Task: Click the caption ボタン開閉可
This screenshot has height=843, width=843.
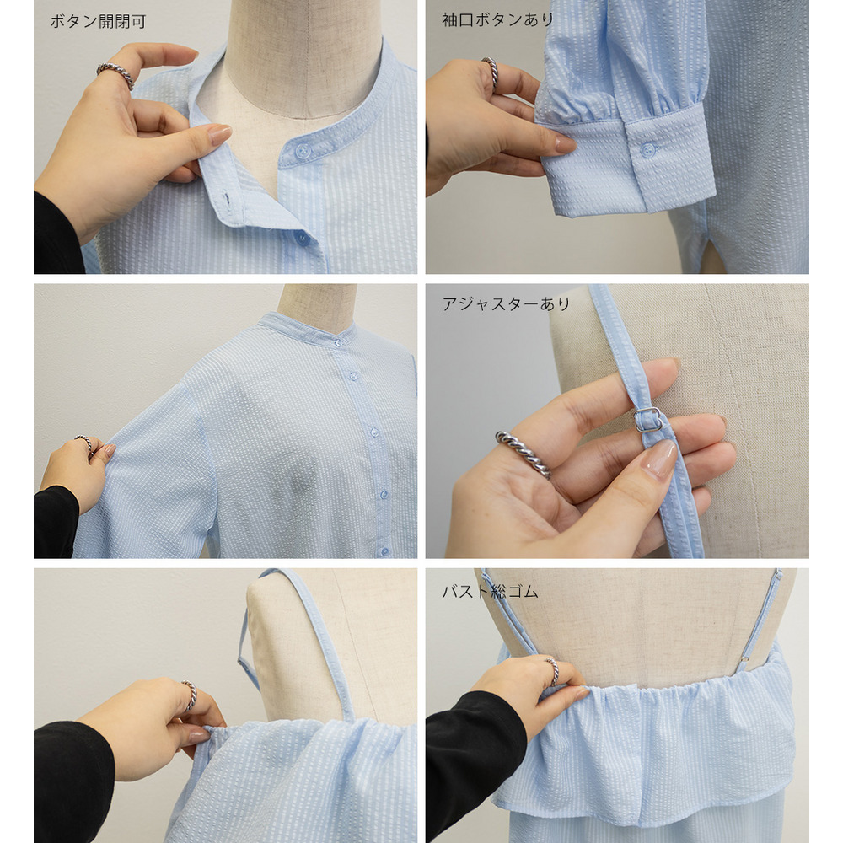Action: tap(98, 22)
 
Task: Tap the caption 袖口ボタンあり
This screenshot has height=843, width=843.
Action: tap(498, 20)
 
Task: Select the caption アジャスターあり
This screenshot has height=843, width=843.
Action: tap(506, 304)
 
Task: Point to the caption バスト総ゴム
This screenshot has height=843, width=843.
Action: tap(490, 592)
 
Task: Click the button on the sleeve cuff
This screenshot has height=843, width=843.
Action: tap(649, 150)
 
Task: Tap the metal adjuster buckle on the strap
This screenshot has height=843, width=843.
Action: tap(649, 420)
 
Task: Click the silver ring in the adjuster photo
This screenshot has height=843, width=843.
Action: tap(524, 454)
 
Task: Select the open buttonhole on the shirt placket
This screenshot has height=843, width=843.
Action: tap(228, 200)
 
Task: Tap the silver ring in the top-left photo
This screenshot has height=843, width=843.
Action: tap(115, 74)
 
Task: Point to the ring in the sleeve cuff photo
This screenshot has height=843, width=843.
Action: tap(491, 72)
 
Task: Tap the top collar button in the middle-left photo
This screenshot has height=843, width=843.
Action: tap(338, 342)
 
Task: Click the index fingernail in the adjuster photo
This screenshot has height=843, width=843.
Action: tap(660, 458)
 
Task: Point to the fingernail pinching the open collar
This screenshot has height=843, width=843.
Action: tap(220, 134)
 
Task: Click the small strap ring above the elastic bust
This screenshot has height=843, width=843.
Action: tap(744, 659)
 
